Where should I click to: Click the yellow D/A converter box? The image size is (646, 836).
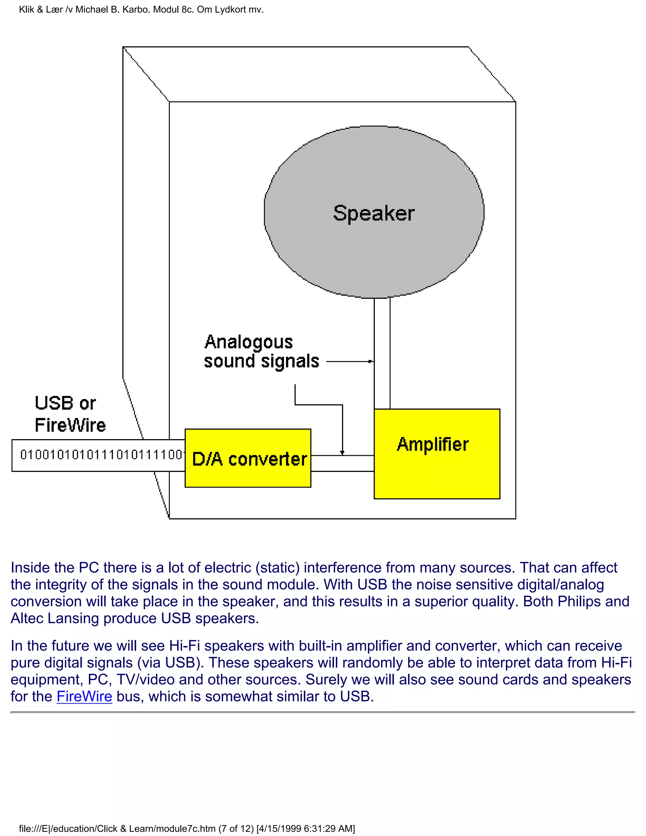tap(248, 458)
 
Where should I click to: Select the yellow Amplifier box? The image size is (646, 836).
tap(437, 454)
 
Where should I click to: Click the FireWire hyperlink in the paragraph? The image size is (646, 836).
tap(84, 696)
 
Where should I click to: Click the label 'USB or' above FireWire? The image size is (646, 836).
tap(65, 403)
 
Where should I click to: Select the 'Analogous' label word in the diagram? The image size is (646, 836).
tap(249, 342)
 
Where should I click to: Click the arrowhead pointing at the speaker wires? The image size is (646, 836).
tap(370, 361)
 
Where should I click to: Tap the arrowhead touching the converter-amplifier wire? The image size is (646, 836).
tap(342, 452)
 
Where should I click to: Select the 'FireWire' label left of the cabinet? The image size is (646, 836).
tap(70, 425)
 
